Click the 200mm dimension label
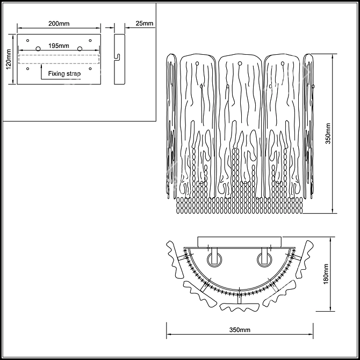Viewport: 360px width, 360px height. click(x=59, y=24)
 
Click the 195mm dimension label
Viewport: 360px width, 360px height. click(x=59, y=46)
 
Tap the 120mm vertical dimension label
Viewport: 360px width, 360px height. click(x=9, y=59)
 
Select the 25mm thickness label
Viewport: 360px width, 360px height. click(x=145, y=23)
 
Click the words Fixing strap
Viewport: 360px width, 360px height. click(x=64, y=74)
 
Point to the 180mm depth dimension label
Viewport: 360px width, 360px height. click(x=326, y=274)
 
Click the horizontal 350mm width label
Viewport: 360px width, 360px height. click(x=240, y=330)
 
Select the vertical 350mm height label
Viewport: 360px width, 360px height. click(x=328, y=134)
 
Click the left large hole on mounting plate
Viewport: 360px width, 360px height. click(x=38, y=49)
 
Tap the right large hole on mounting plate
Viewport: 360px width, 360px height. click(x=80, y=49)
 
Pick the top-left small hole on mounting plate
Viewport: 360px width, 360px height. click(x=28, y=41)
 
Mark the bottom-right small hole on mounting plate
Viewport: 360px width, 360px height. click(x=90, y=69)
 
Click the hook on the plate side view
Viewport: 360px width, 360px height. click(x=118, y=57)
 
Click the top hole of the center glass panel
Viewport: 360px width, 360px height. click(x=240, y=63)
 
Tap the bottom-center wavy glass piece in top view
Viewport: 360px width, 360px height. click(x=240, y=307)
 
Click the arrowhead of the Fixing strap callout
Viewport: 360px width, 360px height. click(x=41, y=66)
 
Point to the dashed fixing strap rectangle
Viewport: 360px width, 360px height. click(x=59, y=59)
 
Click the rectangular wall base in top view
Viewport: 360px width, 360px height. click(x=240, y=242)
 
